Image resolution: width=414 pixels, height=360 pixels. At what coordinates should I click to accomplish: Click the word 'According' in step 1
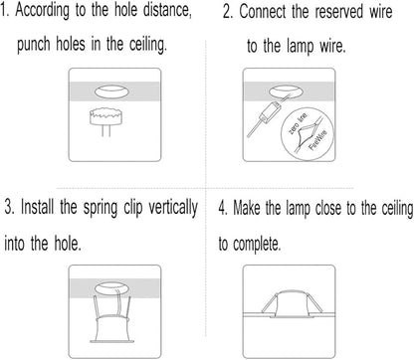pos(43,11)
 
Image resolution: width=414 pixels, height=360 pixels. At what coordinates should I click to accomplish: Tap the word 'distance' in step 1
pos(167,10)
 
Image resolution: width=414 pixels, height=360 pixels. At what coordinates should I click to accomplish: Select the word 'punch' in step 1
pos(33,45)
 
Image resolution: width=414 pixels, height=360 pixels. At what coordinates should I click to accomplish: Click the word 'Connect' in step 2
pos(263,12)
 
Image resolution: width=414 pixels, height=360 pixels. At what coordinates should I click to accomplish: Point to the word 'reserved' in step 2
pos(338,12)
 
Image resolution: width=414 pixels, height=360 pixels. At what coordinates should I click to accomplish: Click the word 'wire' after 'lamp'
pos(332,46)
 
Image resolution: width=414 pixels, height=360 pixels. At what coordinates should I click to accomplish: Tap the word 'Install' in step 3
pos(37,207)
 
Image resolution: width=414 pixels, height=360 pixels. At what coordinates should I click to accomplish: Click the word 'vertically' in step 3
pos(173,208)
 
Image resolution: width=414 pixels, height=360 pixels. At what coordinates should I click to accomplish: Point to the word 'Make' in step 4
pos(247,209)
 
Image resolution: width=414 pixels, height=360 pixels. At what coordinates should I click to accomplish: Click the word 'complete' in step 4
pos(257,245)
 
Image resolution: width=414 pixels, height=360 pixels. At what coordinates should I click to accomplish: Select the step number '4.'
pos(223,209)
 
